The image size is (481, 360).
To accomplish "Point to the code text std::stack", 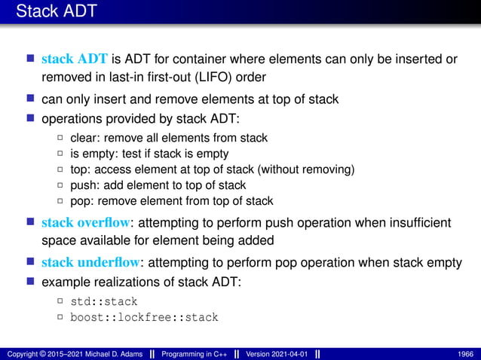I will [103, 301].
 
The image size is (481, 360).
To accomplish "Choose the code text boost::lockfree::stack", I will [144, 317].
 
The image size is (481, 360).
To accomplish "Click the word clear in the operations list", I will [84, 138].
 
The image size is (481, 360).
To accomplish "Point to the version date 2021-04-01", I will [290, 353].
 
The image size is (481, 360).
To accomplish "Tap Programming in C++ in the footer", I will [195, 353].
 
